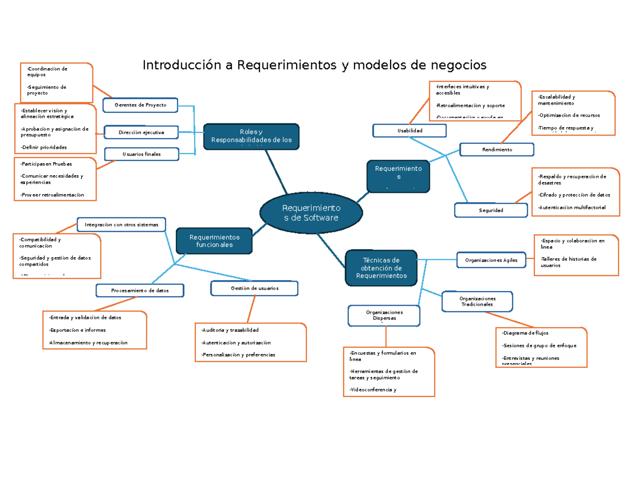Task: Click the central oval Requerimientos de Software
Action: [311, 212]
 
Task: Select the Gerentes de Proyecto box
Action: [140, 105]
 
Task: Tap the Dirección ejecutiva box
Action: [141, 132]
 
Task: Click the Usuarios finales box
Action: [141, 154]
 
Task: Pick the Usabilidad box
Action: [409, 130]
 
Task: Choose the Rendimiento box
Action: [497, 150]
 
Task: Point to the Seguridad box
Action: [491, 210]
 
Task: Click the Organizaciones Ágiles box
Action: [491, 260]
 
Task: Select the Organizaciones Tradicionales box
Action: [477, 302]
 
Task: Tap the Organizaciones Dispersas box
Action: [384, 315]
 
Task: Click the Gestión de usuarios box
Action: [254, 288]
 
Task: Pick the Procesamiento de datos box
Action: [140, 290]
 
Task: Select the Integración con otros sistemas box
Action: [121, 225]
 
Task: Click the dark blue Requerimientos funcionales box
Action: [214, 241]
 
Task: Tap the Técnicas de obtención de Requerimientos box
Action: [381, 268]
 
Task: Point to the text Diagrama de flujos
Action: [525, 333]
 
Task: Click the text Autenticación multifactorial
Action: [572, 208]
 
